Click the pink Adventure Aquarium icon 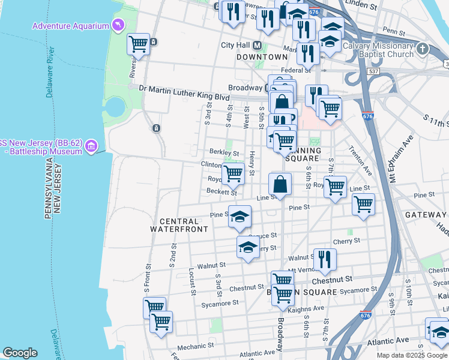[118, 26]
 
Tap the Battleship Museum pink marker [91, 146]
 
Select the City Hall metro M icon [258, 46]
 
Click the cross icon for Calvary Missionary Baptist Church [423, 49]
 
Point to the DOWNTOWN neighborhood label [262, 57]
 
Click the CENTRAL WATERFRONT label [179, 225]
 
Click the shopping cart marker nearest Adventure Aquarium [139, 44]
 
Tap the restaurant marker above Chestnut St [324, 259]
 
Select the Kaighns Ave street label [310, 308]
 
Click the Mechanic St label [192, 346]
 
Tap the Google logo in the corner [19, 353]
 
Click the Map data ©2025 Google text [411, 355]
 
